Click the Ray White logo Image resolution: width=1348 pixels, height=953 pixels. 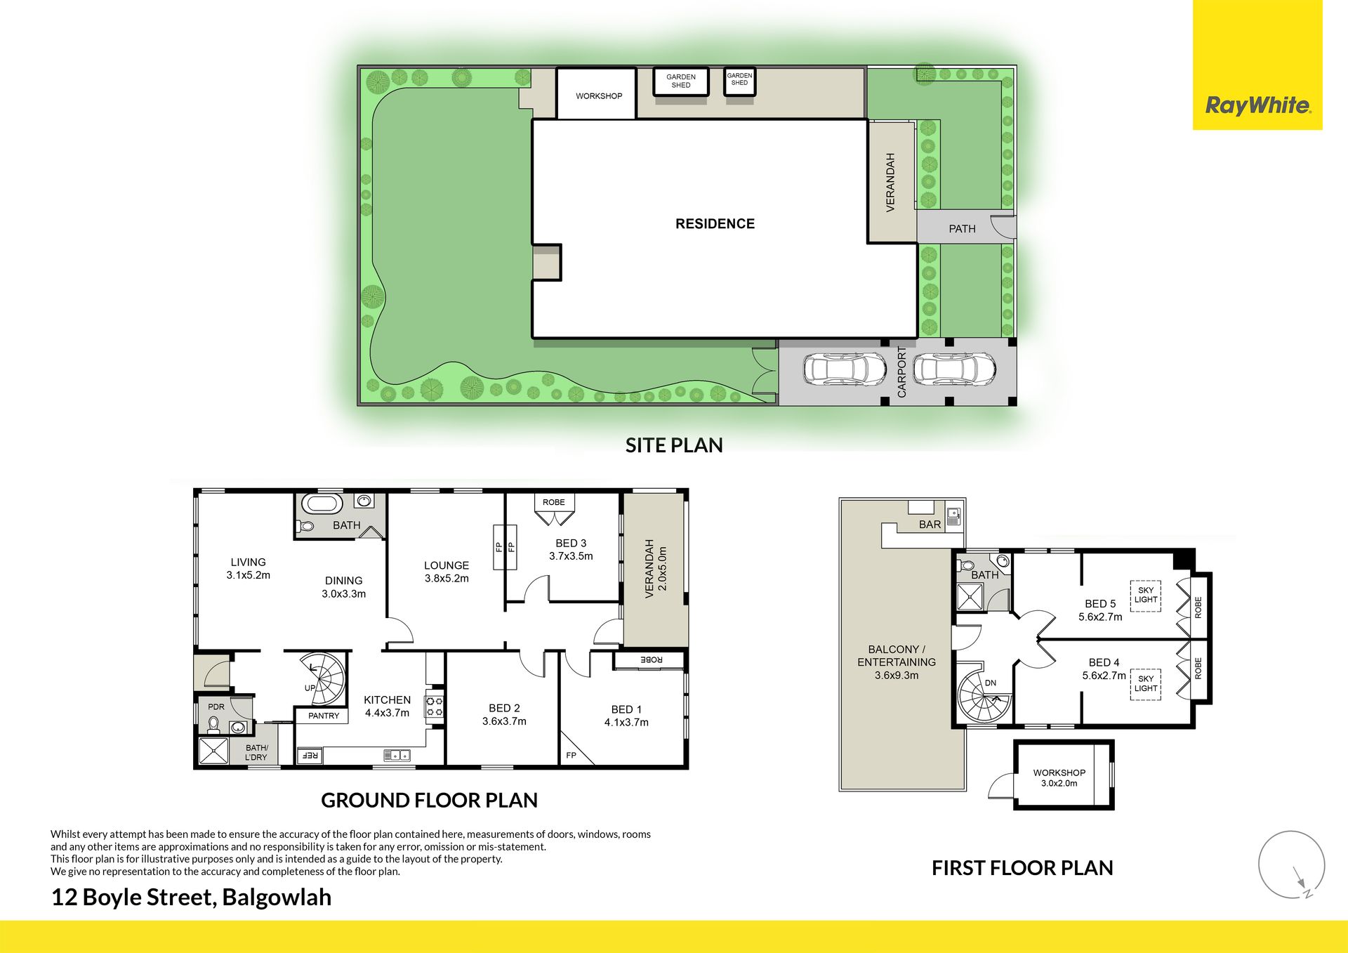[1257, 65]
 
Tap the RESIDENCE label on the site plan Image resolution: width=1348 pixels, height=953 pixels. [715, 224]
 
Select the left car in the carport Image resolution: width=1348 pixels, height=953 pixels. [845, 369]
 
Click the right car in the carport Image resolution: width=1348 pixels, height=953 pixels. [954, 369]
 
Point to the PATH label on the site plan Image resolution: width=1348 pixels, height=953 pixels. [962, 229]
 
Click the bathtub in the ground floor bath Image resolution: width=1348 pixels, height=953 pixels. [322, 504]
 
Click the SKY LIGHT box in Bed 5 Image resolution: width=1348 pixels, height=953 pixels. [1145, 596]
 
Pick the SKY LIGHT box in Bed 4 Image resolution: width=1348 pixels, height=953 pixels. [1145, 684]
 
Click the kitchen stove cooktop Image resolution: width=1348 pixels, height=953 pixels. [435, 706]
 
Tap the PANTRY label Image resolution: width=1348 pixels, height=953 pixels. [324, 716]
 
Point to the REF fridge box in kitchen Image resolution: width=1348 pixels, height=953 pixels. [309, 756]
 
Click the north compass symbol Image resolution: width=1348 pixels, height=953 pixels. [1292, 865]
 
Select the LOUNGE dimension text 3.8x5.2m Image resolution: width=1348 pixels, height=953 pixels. [447, 579]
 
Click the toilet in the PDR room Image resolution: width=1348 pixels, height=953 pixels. [213, 725]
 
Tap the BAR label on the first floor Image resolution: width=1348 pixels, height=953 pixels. [930, 525]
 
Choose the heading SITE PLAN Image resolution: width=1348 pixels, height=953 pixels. [674, 445]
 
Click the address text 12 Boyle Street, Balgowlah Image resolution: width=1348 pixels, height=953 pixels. [191, 898]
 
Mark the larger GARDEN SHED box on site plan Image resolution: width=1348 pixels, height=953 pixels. [681, 81]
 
